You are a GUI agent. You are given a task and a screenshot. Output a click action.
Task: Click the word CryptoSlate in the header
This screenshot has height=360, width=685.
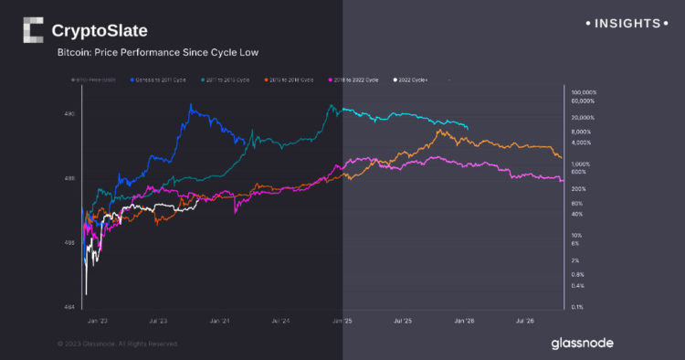click(x=100, y=31)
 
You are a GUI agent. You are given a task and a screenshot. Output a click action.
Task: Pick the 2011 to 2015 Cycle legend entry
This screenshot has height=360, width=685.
click(x=225, y=80)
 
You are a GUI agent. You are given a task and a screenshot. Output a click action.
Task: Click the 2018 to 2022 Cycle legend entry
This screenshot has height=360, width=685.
click(x=356, y=80)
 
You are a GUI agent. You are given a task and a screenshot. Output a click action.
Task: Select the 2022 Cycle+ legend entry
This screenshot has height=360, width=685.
click(x=413, y=80)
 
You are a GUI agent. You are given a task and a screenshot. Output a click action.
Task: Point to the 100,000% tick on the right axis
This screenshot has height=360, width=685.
click(x=583, y=93)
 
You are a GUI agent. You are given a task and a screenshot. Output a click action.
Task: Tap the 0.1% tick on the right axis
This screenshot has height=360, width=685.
click(x=578, y=307)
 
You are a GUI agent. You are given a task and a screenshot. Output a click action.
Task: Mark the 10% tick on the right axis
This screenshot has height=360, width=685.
click(x=576, y=235)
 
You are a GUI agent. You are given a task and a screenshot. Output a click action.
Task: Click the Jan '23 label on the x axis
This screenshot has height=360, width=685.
click(x=98, y=322)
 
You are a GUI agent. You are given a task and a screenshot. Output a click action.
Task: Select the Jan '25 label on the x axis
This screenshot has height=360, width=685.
click(x=342, y=322)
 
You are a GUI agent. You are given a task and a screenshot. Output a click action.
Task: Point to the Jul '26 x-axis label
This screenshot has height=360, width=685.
click(x=525, y=322)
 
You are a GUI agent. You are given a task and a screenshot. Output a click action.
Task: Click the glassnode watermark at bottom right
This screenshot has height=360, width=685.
click(x=582, y=344)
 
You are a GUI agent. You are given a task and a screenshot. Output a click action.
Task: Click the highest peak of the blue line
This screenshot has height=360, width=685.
click(x=191, y=105)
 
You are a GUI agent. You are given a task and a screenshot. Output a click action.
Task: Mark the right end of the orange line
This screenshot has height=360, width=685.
click(x=562, y=158)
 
